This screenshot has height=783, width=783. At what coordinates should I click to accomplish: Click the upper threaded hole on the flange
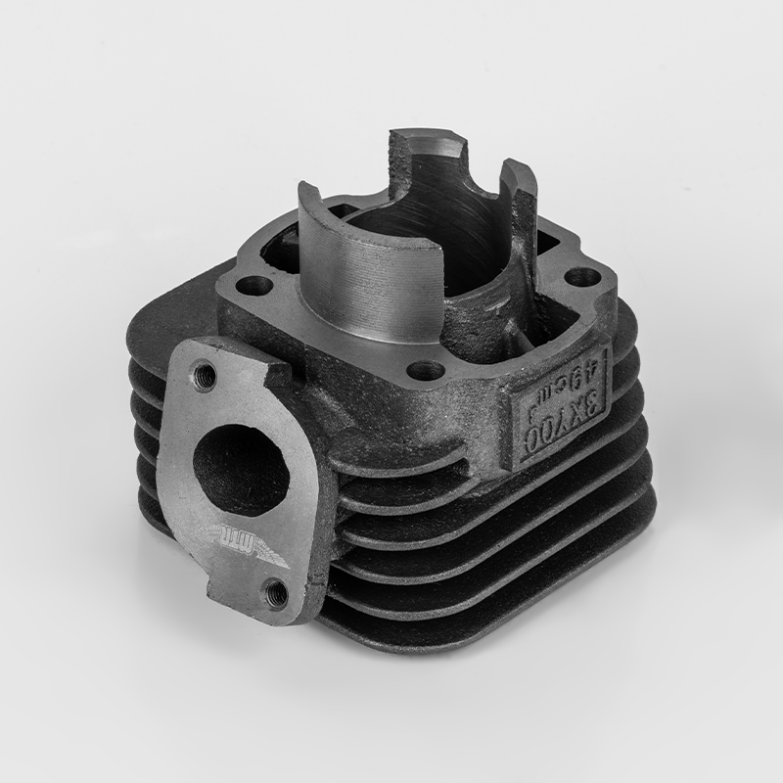point(206,372)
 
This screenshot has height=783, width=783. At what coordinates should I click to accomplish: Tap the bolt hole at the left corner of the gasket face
point(257,287)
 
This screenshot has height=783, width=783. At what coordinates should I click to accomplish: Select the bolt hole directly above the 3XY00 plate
point(425,370)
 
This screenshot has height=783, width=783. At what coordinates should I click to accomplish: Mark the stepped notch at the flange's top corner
point(279,369)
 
